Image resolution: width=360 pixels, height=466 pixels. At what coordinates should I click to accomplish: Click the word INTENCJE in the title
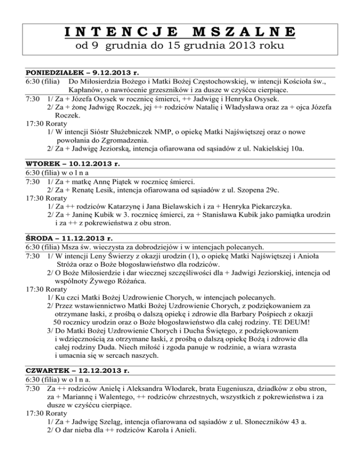(119, 33)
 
